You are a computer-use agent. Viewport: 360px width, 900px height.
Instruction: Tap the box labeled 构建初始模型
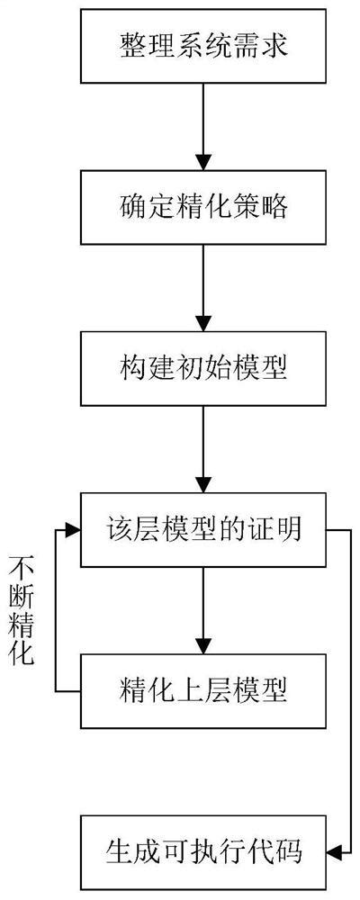click(x=203, y=368)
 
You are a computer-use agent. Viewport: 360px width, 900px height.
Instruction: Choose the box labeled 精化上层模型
click(x=203, y=692)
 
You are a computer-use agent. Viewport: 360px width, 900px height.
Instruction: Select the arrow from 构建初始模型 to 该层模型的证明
click(x=203, y=449)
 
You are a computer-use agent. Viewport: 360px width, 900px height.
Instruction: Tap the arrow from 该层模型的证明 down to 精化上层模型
click(x=203, y=611)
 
